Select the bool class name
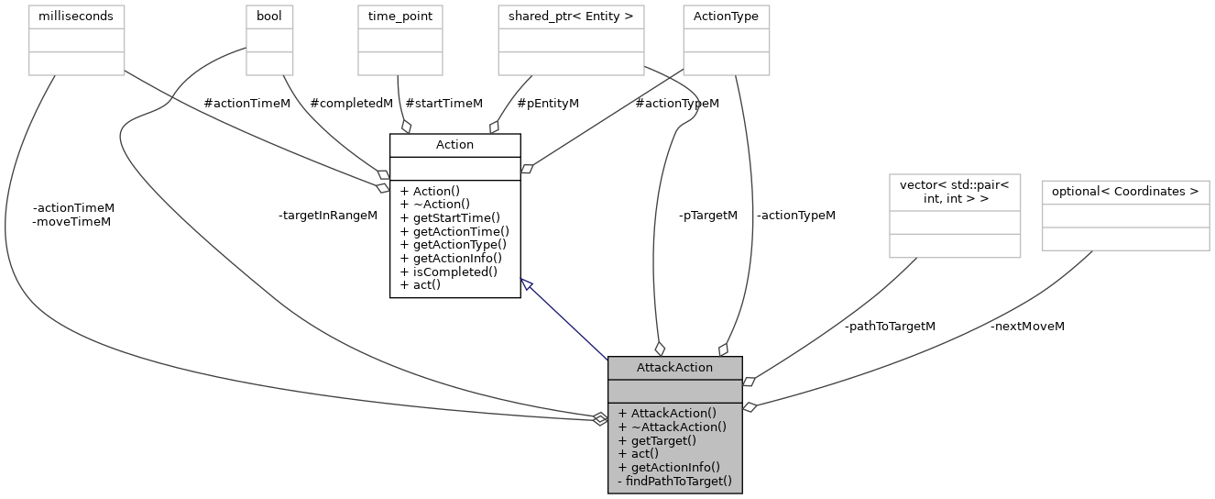point(269,17)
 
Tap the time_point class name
point(400,17)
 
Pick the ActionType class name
point(726,17)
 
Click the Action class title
point(454,145)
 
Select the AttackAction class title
point(674,367)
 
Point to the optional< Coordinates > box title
point(1125,192)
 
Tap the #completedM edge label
point(351,103)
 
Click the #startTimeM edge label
point(443,103)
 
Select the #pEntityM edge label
point(548,103)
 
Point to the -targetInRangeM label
point(328,215)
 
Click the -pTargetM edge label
point(707,215)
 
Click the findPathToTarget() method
point(674,481)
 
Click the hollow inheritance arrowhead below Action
point(527,284)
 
